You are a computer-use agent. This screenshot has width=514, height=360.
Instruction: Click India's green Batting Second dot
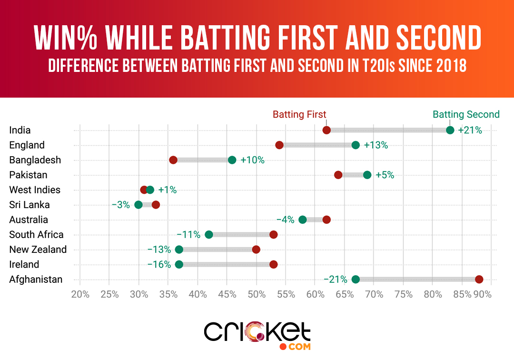(450, 130)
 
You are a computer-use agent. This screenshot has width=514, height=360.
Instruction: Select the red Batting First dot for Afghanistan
(479, 280)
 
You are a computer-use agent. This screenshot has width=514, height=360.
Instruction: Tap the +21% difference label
(470, 130)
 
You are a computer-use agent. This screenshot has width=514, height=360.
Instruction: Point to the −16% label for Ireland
(159, 264)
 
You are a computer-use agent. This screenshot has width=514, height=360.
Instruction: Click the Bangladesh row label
(29, 160)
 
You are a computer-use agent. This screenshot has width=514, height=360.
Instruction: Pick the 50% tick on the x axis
(257, 294)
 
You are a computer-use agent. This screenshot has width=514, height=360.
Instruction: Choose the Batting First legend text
(299, 114)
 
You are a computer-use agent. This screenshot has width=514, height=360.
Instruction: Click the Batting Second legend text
(466, 114)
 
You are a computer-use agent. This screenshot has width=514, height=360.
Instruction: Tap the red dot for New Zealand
(256, 250)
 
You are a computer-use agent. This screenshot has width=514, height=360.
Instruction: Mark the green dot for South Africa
(209, 235)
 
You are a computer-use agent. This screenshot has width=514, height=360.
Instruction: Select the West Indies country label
(35, 190)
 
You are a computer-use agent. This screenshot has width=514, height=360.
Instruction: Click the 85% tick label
(462, 294)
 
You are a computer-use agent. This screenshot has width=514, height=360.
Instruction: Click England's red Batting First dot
(279, 145)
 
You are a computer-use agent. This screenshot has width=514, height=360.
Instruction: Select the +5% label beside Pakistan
(385, 175)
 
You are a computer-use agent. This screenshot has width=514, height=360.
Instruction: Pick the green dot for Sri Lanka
(138, 205)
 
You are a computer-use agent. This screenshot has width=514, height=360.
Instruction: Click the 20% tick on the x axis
(80, 294)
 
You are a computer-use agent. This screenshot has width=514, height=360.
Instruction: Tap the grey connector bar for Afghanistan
(417, 280)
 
